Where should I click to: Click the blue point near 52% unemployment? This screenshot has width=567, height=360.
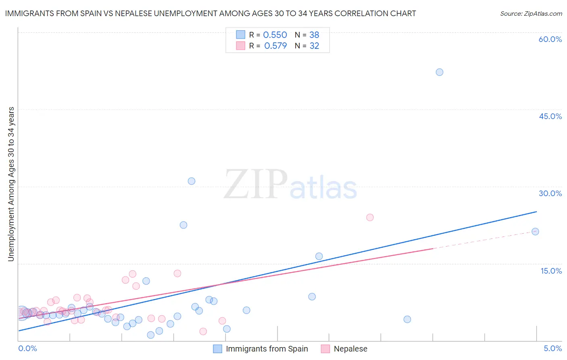click(440, 72)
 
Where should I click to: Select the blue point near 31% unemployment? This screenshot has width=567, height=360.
click(192, 181)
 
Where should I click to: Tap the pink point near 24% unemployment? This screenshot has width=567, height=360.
click(370, 218)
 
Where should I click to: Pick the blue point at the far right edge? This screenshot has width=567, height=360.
click(535, 232)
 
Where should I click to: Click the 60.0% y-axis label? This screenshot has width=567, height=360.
click(550, 39)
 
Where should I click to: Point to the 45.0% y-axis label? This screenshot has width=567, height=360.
click(550, 116)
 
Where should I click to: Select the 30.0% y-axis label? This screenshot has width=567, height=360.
click(550, 193)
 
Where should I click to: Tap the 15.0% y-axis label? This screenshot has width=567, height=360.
click(551, 271)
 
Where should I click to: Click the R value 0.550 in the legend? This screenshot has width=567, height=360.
click(275, 35)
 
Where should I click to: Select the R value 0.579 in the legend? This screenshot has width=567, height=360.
click(275, 46)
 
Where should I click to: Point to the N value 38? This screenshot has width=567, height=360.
click(314, 35)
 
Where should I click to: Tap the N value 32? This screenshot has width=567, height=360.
click(314, 46)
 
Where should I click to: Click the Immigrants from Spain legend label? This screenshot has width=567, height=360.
click(267, 349)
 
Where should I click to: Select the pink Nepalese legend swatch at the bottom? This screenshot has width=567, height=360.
click(325, 349)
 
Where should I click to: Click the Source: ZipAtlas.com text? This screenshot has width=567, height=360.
click(531, 14)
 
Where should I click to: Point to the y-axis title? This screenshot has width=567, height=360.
click(11, 184)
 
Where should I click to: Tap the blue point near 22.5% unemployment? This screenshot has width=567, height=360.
click(183, 225)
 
